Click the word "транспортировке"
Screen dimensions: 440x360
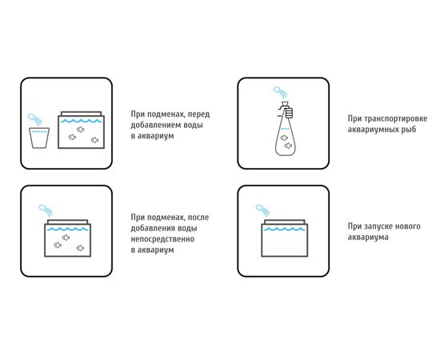click(396, 118)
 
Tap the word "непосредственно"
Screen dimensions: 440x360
click(162, 239)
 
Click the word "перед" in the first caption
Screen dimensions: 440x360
click(198, 114)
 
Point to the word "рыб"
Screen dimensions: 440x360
click(409, 130)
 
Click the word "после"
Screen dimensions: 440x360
click(198, 218)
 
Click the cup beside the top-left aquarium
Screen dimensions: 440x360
click(39, 138)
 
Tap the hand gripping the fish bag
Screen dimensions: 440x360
click(289, 112)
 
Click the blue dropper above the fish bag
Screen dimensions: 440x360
click(280, 92)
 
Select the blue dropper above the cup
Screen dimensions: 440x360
click(34, 119)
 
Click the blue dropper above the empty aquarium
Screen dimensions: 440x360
click(263, 210)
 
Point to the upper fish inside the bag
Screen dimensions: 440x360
click(284, 138)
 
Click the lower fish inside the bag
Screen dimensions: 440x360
click(288, 146)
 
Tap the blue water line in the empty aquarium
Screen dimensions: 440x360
click(284, 230)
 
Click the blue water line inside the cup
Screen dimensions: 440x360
click(39, 131)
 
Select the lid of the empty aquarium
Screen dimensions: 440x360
click(285, 222)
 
